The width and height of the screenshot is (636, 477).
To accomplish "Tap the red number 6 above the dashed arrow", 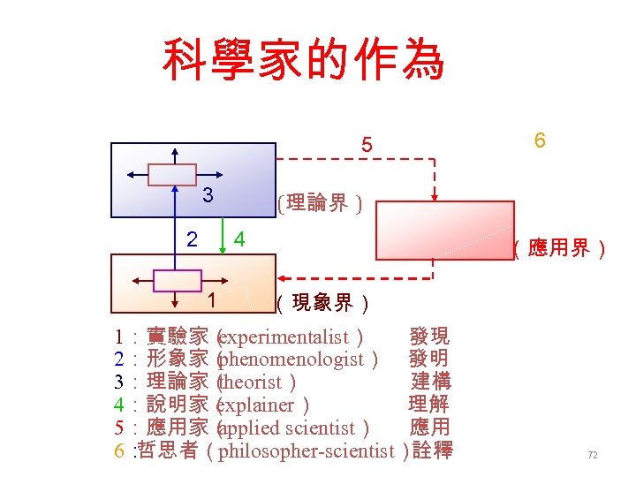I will coord(539,140).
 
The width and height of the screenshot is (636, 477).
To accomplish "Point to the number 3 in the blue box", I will coord(207,195).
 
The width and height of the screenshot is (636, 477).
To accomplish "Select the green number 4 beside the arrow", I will coord(238,239).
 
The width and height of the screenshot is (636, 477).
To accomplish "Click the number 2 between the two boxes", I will coord(192,239).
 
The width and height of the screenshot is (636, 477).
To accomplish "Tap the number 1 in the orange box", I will coord(212,299).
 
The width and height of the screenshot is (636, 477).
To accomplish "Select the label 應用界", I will coord(560,249).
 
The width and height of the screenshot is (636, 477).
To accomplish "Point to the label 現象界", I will coord(322,305).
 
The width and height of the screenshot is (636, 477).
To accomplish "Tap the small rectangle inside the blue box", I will coord(172,174).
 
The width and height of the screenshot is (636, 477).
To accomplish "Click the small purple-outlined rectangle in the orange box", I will coord(178,281).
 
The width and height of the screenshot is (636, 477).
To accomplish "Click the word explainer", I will coord(257,405).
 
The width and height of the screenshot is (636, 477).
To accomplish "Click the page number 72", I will coord(593,455).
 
